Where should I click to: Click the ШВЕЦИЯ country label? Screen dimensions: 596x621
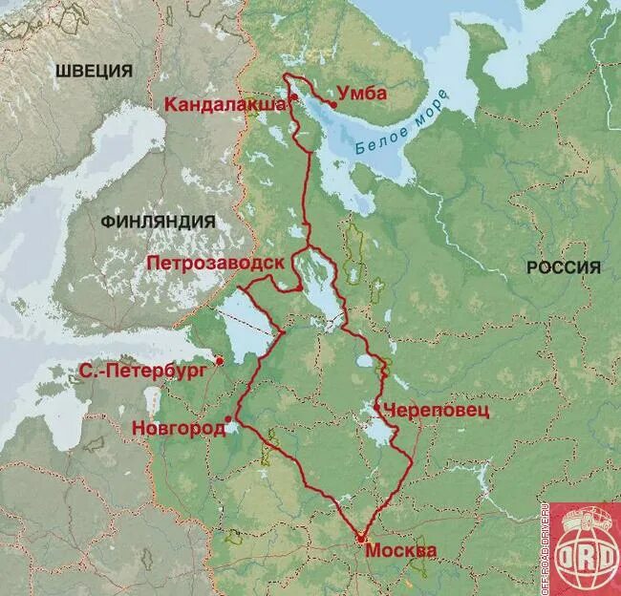(x=93, y=71)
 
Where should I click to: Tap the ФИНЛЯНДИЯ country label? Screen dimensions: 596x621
(x=158, y=221)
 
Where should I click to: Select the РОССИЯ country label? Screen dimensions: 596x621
(x=564, y=267)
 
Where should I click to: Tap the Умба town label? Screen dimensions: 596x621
(x=361, y=93)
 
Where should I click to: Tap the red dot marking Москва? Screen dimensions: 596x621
(x=360, y=539)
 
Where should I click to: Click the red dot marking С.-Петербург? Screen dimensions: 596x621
(x=220, y=361)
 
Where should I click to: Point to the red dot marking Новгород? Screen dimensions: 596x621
(x=230, y=418)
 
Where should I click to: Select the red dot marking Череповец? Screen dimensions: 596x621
(x=377, y=407)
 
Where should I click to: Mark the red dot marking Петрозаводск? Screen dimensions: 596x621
(x=299, y=287)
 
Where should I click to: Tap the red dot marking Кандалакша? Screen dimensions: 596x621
(x=294, y=96)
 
